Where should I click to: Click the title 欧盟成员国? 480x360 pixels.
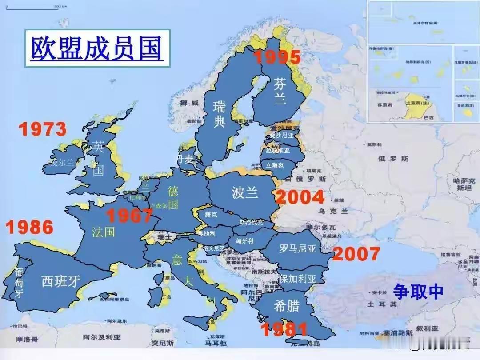pyautogui.click(x=96, y=48)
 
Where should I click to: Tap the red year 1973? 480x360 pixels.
pyautogui.click(x=42, y=129)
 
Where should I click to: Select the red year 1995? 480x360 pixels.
pyautogui.click(x=277, y=57)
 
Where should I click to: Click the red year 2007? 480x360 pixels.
pyautogui.click(x=356, y=254)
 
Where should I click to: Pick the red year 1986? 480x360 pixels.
pyautogui.click(x=29, y=227)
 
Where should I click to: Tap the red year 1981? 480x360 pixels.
pyautogui.click(x=284, y=329)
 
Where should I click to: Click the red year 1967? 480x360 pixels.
pyautogui.click(x=129, y=216)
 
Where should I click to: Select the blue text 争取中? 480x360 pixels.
pyautogui.click(x=418, y=291)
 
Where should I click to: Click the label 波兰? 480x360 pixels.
pyautogui.click(x=244, y=192)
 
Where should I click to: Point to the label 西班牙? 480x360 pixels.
pyautogui.click(x=61, y=281)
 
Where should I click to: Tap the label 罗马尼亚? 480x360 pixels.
pyautogui.click(x=298, y=249)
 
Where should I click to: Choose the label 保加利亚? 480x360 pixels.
pyautogui.click(x=297, y=279)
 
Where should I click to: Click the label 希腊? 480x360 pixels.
pyautogui.click(x=286, y=306)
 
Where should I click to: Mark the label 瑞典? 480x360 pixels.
pyautogui.click(x=220, y=114)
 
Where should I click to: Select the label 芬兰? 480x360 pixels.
pyautogui.click(x=280, y=91)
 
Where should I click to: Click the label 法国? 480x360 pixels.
pyautogui.click(x=104, y=232)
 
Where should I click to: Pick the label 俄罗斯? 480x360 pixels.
pyautogui.click(x=393, y=159)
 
